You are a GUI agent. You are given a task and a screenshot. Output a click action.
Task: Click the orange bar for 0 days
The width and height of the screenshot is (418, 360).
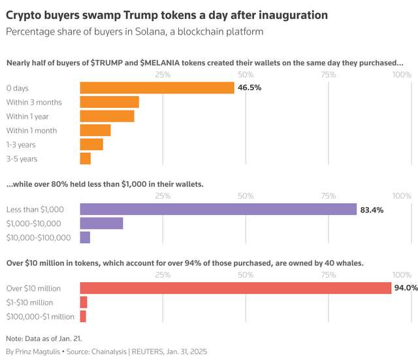(157, 88)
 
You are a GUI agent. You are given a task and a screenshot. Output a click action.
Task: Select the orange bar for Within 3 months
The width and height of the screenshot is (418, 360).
(109, 102)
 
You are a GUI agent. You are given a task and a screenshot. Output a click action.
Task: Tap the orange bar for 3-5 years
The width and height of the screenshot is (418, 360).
(85, 158)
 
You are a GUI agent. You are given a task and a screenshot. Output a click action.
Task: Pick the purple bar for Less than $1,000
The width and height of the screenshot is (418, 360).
(218, 209)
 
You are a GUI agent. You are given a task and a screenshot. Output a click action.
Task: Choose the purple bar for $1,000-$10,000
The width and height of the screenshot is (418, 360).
(101, 223)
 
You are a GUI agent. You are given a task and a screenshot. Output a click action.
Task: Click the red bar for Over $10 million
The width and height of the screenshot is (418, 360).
(235, 288)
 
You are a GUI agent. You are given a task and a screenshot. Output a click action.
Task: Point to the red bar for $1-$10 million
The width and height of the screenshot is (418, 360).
(84, 302)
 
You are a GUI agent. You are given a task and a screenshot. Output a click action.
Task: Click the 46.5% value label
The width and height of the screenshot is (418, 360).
(249, 88)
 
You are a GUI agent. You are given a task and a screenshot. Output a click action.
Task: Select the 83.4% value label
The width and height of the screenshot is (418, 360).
(372, 210)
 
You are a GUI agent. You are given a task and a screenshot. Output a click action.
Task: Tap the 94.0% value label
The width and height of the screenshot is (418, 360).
(407, 288)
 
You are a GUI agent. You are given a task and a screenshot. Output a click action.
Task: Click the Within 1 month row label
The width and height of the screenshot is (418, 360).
(31, 131)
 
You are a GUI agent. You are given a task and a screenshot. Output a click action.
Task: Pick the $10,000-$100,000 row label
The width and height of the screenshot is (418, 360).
(39, 238)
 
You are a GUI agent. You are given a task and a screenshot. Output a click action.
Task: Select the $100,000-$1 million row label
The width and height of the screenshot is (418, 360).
(40, 316)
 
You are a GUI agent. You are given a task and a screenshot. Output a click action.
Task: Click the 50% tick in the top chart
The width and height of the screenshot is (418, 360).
(246, 74)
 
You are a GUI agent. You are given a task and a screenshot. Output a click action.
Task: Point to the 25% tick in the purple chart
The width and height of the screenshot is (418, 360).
(163, 196)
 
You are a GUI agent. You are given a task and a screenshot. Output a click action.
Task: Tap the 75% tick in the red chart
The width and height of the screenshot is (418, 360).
(329, 275)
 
